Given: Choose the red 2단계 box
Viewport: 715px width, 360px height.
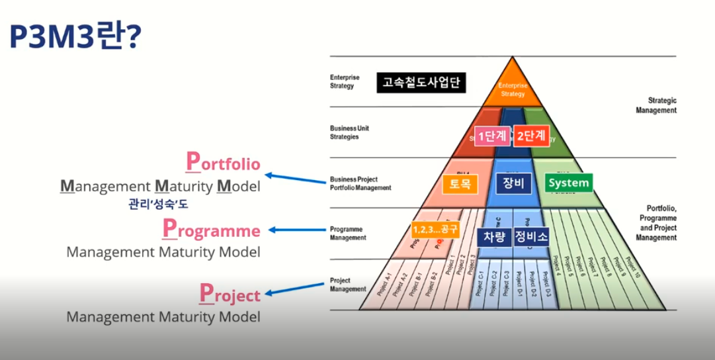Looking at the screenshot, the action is tap(531, 136).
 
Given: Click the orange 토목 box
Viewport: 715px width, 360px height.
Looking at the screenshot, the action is tap(460, 183).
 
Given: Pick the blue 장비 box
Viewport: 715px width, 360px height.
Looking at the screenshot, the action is tap(513, 183).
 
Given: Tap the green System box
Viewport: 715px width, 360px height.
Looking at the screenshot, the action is tap(568, 183).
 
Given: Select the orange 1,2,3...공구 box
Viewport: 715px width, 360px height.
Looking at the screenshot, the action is tap(435, 229).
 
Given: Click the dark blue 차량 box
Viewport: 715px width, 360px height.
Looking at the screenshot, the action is tap(494, 236).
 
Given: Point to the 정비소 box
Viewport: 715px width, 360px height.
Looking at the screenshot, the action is tap(531, 236).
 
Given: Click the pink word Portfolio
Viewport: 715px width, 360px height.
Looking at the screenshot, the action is tap(223, 163).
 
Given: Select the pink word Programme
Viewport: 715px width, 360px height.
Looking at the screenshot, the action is tap(212, 230).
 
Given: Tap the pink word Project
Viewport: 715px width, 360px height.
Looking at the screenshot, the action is tap(230, 293).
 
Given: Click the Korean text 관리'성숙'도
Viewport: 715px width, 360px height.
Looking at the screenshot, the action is tap(158, 204).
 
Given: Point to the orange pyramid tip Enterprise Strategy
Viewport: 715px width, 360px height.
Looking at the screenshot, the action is tap(512, 89).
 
